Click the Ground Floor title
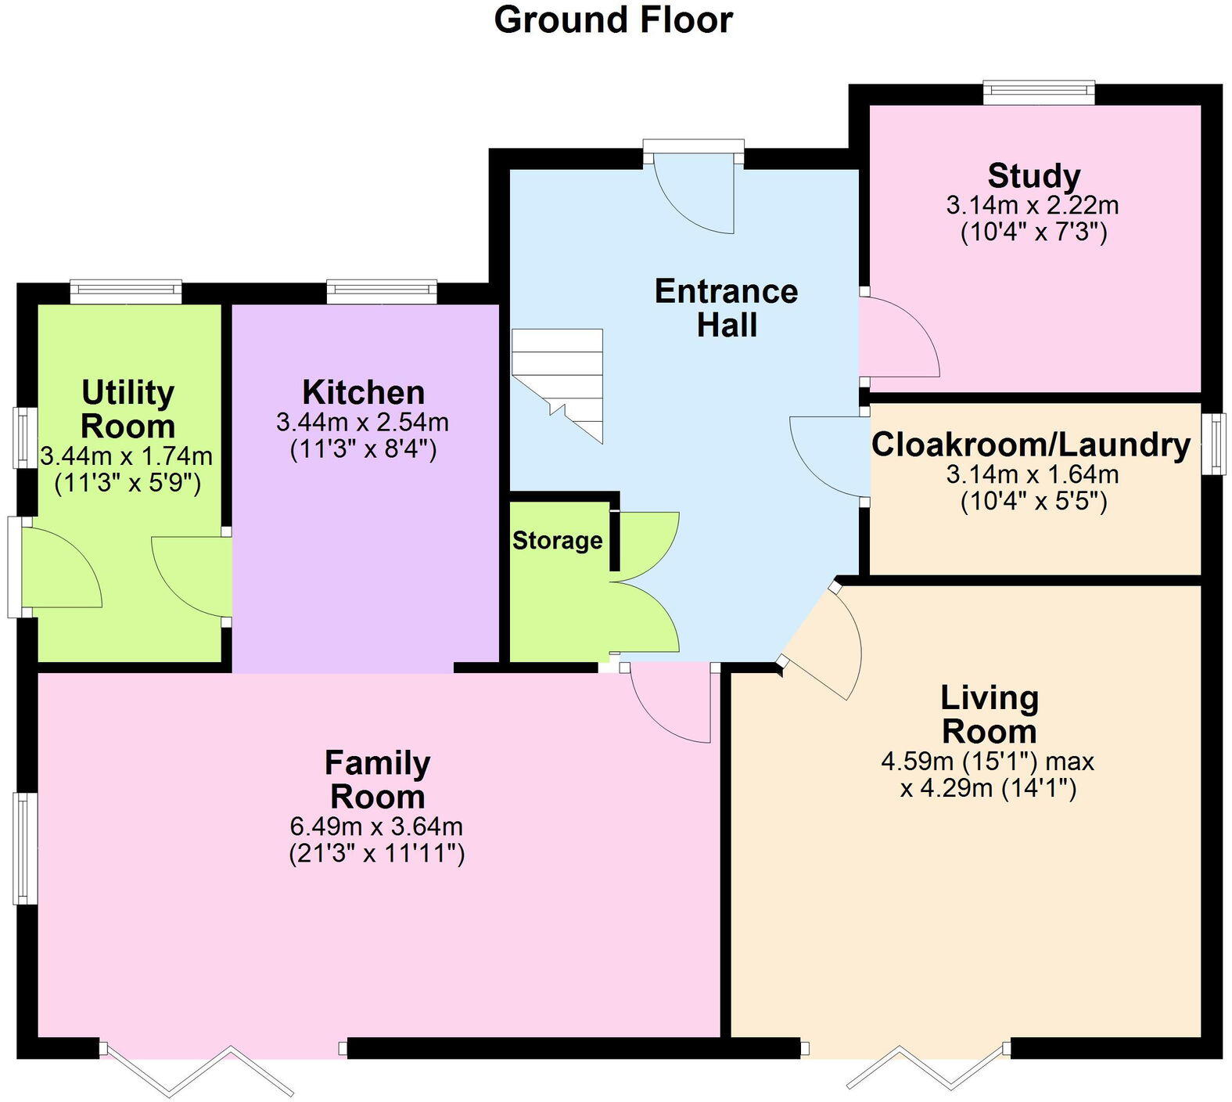[x=613, y=20]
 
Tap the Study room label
[x=1033, y=175]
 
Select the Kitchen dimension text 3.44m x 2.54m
[x=362, y=423]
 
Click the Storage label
[x=557, y=540]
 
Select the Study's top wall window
[x=1039, y=93]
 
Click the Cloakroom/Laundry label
[x=1031, y=444]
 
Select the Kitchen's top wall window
[x=382, y=292]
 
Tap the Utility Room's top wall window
[x=126, y=292]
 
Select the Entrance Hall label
[x=726, y=308]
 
